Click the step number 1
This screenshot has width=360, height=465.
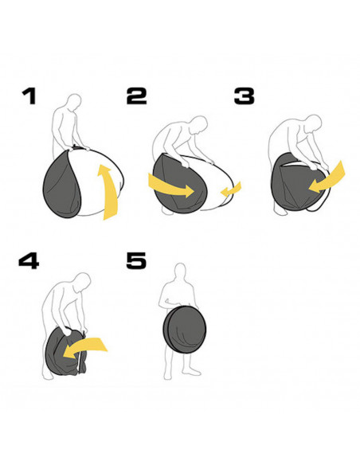click(29, 96)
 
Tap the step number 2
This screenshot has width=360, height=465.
click(136, 96)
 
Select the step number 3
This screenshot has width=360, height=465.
click(244, 96)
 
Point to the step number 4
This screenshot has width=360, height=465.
click(29, 261)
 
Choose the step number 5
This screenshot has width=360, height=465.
click(136, 260)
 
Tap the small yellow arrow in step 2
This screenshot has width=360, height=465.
click(231, 190)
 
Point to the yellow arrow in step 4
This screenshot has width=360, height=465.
click(84, 348)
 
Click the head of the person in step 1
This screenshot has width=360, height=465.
click(74, 102)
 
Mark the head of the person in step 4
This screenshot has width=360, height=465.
click(82, 282)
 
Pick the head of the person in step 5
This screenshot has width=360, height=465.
click(180, 272)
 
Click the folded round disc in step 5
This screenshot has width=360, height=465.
click(185, 329)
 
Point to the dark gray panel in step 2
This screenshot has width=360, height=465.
click(175, 184)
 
